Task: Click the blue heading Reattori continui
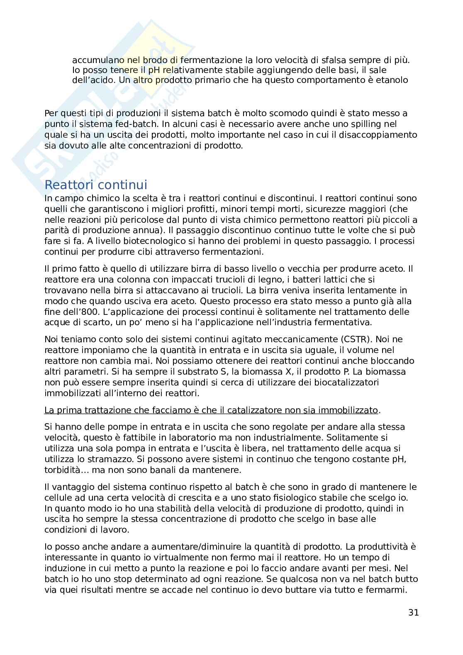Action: (96, 185)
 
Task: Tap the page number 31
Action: (413, 613)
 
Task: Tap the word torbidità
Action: (66, 470)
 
